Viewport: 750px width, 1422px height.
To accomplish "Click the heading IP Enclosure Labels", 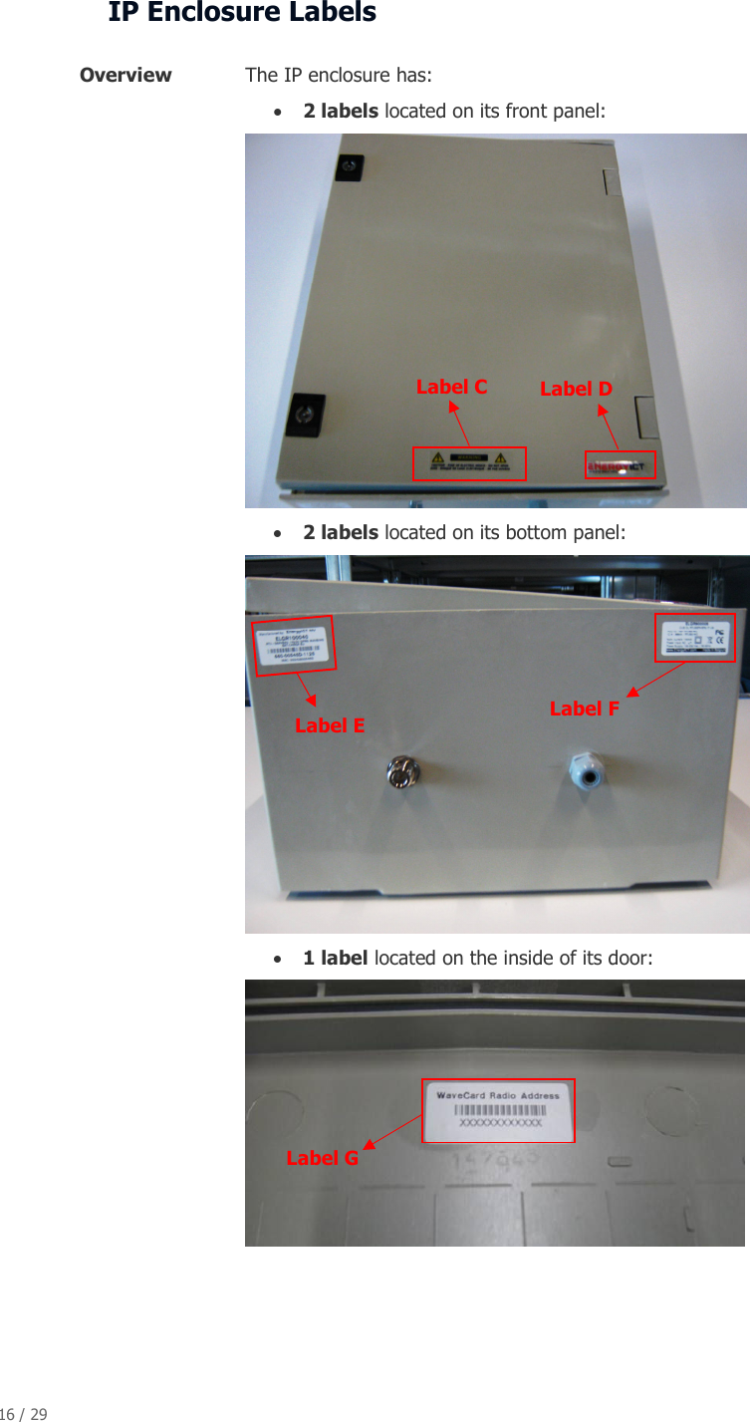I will pos(242,13).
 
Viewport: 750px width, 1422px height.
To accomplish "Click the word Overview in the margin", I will pos(125,76).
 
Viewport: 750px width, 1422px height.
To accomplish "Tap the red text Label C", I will pos(451,387).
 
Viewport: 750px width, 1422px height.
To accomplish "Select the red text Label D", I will pos(576,389).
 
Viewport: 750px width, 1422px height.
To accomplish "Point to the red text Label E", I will pos(330,725).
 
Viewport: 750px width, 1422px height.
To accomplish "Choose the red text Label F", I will pos(585,709).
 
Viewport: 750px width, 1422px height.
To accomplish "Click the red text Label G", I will pos(322,1158).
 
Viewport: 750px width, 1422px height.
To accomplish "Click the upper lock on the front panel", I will pos(348,166).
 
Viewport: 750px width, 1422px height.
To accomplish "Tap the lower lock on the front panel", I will pos(304,415).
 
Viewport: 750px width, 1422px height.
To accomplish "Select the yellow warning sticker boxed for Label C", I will pos(469,463).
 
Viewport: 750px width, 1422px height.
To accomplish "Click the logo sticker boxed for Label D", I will pos(621,465).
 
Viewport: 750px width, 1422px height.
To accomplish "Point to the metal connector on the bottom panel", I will pos(404,773).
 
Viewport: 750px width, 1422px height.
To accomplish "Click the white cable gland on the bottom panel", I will pos(585,770).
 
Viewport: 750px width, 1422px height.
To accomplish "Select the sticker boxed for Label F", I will pos(695,638).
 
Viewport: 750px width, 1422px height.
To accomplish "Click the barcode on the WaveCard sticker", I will pos(499,1110).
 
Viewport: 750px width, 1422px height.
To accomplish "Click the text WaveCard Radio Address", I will pos(498,1095).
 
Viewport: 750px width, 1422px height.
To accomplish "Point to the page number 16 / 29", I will pos(23,1414).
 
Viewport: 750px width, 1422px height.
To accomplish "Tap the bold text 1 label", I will pos(336,958).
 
